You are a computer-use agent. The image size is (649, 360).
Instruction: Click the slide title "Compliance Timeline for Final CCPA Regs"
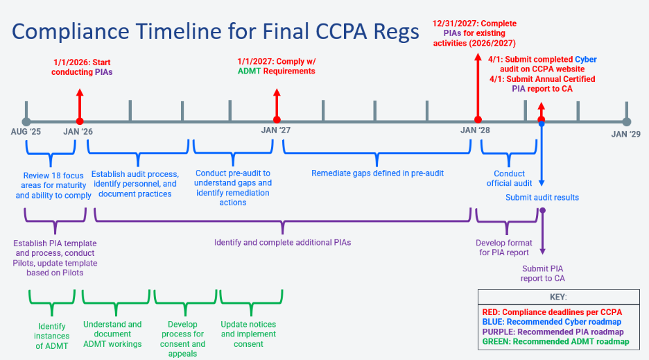[x=216, y=31]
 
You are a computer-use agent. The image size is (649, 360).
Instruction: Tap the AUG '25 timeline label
[x=26, y=132]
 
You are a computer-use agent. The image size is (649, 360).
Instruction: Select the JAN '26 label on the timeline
[x=78, y=132]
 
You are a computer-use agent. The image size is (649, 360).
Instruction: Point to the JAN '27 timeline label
[x=275, y=130]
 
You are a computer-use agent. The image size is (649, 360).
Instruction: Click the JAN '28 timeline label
[x=476, y=130]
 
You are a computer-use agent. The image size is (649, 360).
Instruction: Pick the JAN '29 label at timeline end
[x=626, y=134]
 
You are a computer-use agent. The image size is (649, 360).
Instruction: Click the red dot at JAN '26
[x=80, y=121]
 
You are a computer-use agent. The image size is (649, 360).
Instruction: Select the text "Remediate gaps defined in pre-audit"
[x=377, y=173]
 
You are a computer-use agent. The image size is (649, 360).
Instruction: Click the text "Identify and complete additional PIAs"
[x=283, y=243]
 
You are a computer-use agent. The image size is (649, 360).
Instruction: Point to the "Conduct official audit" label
[x=510, y=178]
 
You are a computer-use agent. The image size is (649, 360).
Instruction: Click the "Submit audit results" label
[x=542, y=198]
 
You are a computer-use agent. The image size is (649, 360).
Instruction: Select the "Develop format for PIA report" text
[x=504, y=248]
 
